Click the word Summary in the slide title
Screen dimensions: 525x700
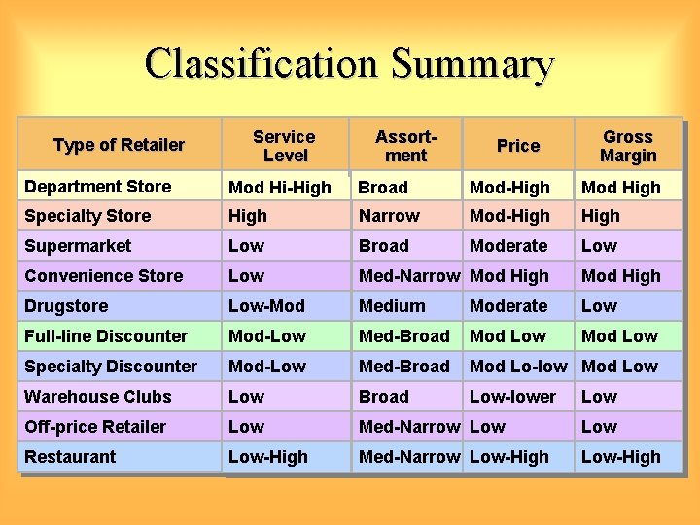[473, 64]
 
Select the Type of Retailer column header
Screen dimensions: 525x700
[119, 145]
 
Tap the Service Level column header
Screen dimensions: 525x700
[284, 146]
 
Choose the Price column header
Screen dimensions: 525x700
[517, 146]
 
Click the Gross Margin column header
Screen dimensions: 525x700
[627, 146]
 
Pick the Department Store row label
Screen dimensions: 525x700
[97, 187]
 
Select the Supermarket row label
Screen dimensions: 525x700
[78, 246]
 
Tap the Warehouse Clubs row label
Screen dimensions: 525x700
[97, 397]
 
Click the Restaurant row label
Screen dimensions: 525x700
[70, 457]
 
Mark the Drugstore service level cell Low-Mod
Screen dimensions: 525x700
[266, 306]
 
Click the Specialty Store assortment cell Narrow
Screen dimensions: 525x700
[389, 216]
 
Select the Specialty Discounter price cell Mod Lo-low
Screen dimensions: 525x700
[518, 367]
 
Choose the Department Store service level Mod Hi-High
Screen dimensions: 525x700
[280, 188]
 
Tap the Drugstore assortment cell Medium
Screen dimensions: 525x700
[392, 306]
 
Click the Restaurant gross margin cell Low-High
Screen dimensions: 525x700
[620, 457]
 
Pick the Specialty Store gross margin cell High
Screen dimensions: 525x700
[600, 216]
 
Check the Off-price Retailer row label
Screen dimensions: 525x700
[95, 427]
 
